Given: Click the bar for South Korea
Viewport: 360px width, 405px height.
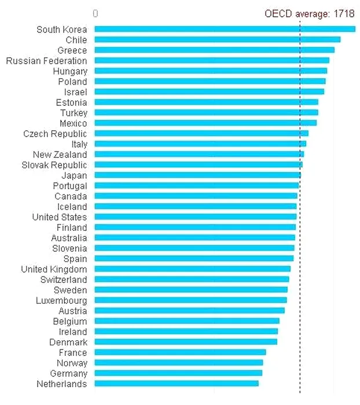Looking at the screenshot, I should point(225,29).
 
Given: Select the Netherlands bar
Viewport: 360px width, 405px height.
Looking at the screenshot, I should point(177,383).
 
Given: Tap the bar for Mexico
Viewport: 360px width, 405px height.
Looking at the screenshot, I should point(205,123).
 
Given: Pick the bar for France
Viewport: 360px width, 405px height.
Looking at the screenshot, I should point(180,352).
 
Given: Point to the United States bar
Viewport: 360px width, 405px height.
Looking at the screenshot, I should point(195,216).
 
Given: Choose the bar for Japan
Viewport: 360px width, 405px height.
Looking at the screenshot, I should point(197,175).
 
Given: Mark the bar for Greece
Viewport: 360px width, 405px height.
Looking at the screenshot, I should point(214,50).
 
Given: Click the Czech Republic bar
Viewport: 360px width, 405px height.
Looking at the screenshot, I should point(201,133).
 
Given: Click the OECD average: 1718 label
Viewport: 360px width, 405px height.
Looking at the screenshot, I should point(309,14).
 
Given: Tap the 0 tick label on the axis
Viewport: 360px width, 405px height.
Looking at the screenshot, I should point(95,14).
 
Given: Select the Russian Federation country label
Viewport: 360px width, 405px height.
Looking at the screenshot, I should point(47,61).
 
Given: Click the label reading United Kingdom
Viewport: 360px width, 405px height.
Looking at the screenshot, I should point(54,269).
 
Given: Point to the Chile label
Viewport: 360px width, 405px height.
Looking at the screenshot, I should point(76,40).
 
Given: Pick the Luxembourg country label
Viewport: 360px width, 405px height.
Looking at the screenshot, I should point(61,300).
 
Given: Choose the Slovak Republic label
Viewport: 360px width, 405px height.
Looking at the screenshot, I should point(54,165).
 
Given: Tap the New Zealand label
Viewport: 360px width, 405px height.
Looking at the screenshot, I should point(60,154).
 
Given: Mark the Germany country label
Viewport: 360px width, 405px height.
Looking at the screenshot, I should point(68,373).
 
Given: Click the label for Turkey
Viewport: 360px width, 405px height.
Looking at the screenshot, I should point(74,113).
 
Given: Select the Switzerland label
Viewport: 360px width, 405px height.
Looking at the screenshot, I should point(64,279).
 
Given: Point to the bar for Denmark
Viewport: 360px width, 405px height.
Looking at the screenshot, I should point(186,341).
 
